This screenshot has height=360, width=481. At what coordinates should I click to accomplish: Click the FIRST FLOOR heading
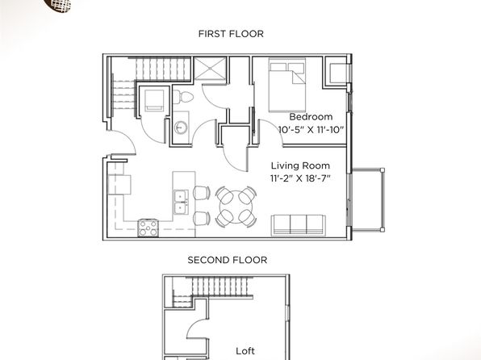pos(231,33)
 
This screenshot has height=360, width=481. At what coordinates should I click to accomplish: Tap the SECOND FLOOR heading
pos(227,260)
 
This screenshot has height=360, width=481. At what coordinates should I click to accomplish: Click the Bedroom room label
pos(311,116)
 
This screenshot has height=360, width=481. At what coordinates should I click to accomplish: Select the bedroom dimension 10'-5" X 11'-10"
pos(310,129)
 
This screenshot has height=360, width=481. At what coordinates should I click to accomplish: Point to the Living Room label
pos(300,165)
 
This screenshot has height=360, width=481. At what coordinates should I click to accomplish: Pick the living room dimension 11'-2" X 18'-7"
pos(300,178)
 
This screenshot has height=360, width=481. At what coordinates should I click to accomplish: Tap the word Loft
pos(245,351)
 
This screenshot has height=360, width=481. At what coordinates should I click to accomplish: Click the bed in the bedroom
pos(287,85)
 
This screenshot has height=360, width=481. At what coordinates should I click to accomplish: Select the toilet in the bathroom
pos(183,97)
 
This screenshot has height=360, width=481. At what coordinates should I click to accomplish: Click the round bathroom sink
pos(181,128)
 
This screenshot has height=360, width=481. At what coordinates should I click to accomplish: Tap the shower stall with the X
pos(210,68)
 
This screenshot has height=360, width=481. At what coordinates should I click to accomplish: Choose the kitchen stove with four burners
pos(148,228)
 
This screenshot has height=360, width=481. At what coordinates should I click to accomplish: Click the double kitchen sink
pos(181,202)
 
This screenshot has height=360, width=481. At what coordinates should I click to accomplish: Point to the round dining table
pos(236,207)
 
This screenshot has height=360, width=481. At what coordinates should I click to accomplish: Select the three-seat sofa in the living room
pos(298,225)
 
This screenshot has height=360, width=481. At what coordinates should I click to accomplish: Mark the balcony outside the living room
pos(367,199)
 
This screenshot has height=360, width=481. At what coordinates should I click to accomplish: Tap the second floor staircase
pos(220,286)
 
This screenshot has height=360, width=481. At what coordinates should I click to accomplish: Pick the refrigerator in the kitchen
pos(119,185)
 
